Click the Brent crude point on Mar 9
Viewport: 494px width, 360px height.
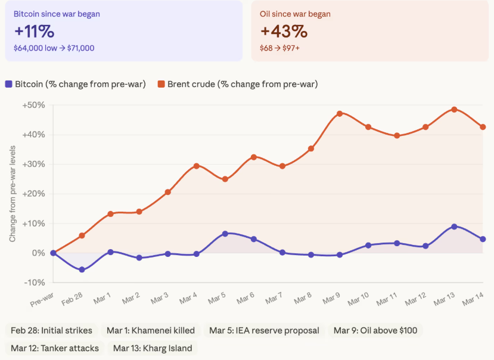(x=340, y=113)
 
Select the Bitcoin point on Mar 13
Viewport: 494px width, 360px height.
(x=454, y=226)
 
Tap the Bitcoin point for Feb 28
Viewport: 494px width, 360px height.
(x=82, y=270)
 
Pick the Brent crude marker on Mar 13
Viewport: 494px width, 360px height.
(x=454, y=110)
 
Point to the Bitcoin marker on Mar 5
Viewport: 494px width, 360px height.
(x=225, y=234)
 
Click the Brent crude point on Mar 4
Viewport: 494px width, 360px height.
(x=197, y=166)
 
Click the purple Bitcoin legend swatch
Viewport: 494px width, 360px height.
(x=8, y=84)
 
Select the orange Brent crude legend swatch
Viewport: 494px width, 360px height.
(x=161, y=84)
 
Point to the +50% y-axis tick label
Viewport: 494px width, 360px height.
(x=33, y=105)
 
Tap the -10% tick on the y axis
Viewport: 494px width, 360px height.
(x=35, y=283)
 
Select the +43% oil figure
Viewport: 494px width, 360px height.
(x=284, y=31)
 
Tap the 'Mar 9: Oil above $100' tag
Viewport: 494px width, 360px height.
(x=375, y=330)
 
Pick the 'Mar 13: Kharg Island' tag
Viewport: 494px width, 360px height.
(x=152, y=348)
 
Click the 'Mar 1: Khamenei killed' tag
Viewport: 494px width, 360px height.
(x=152, y=330)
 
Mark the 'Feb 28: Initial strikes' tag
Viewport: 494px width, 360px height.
(x=52, y=330)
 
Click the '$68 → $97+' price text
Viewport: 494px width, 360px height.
(x=279, y=48)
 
